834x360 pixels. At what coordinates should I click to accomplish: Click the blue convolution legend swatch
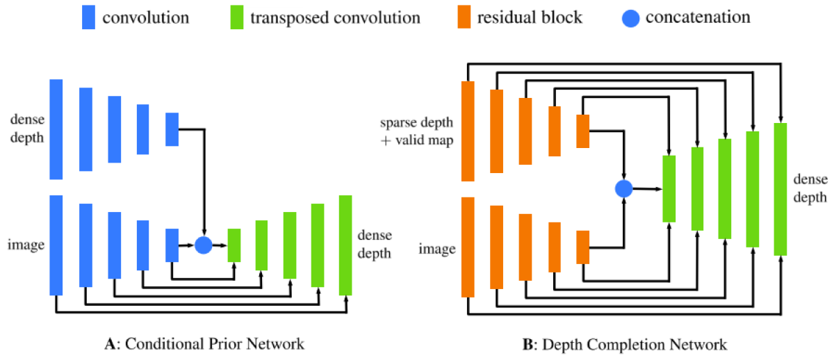click(x=88, y=17)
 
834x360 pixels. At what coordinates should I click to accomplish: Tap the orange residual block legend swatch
click(x=462, y=17)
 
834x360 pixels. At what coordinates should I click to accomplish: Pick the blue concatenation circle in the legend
click(x=632, y=17)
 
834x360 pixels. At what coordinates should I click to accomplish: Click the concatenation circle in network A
click(x=203, y=245)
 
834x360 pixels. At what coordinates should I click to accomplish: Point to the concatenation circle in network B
click(x=624, y=188)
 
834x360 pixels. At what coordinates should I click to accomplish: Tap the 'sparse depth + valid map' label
click(x=416, y=131)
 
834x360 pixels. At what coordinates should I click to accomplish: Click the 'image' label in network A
click(x=25, y=245)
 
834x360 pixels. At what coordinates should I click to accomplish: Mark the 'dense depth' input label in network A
click(x=25, y=129)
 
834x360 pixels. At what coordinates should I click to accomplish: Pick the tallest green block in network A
click(x=345, y=245)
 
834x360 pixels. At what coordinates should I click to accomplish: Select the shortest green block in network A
click(x=234, y=245)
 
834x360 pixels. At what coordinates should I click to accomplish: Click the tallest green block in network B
click(x=780, y=189)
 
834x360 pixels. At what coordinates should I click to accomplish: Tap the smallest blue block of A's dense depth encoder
click(x=172, y=129)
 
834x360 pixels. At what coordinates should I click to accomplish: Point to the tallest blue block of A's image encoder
click(x=56, y=245)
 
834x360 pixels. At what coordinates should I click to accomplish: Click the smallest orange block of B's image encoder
click(x=582, y=247)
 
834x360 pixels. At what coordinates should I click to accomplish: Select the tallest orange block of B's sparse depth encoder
click(x=468, y=131)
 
